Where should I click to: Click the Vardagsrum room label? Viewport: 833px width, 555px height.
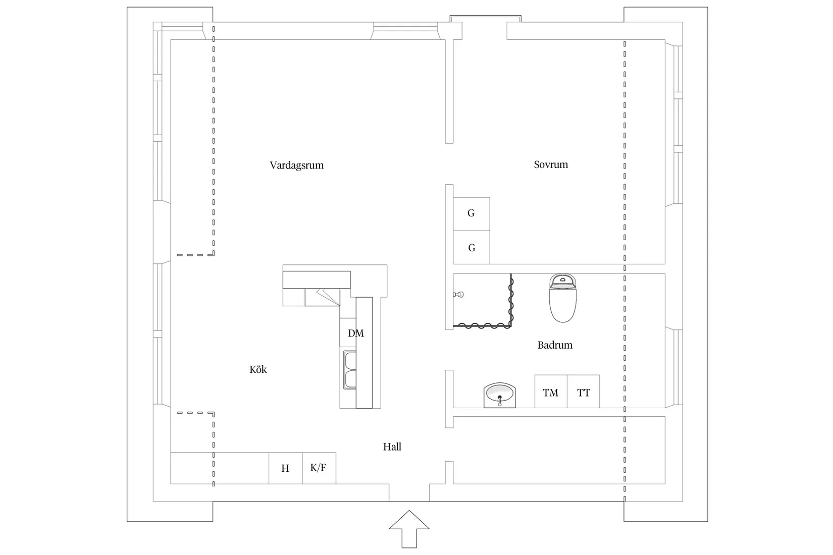297,165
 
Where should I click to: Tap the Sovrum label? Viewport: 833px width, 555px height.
551,164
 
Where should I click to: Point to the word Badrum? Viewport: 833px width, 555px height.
555,345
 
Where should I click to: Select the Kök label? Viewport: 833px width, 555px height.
258,369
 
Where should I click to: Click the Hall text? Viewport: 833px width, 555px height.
392,447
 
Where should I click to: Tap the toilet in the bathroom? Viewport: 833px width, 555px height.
562,298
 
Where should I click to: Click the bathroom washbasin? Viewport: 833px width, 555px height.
499,395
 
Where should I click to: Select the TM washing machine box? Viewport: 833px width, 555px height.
551,392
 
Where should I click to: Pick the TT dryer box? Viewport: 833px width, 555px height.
583,392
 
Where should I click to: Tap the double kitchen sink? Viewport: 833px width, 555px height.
349,370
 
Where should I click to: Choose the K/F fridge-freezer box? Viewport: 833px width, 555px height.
319,468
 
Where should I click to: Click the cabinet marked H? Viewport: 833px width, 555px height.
286,468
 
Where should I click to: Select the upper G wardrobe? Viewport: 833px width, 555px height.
471,214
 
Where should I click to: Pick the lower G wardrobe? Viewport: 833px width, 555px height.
471,247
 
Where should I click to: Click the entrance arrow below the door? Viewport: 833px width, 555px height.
409,529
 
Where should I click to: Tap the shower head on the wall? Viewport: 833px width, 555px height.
458,295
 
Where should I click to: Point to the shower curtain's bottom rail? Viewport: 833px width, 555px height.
482,326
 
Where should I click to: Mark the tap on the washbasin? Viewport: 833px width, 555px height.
500,401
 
